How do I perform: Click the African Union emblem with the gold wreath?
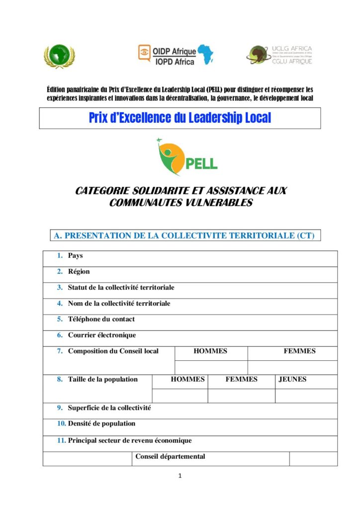[x=60, y=56]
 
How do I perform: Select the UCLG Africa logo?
[x=279, y=55]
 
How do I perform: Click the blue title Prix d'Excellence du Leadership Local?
[x=180, y=118]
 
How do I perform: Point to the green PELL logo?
[x=187, y=158]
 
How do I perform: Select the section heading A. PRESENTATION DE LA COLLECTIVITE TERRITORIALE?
[x=184, y=236]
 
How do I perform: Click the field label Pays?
[x=76, y=256]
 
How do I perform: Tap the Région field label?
[x=79, y=272]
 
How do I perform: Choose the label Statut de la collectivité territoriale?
[x=121, y=288]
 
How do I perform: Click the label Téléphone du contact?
[x=101, y=319]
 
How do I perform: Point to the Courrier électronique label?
[x=102, y=335]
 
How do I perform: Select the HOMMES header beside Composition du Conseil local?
[x=210, y=351]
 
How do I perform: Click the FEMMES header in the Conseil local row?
[x=299, y=351]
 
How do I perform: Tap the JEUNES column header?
[x=292, y=380]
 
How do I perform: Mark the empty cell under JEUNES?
[x=306, y=396]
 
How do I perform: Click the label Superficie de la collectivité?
[x=109, y=408]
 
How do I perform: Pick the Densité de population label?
[x=101, y=424]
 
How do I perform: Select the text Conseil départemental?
[x=170, y=457]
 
